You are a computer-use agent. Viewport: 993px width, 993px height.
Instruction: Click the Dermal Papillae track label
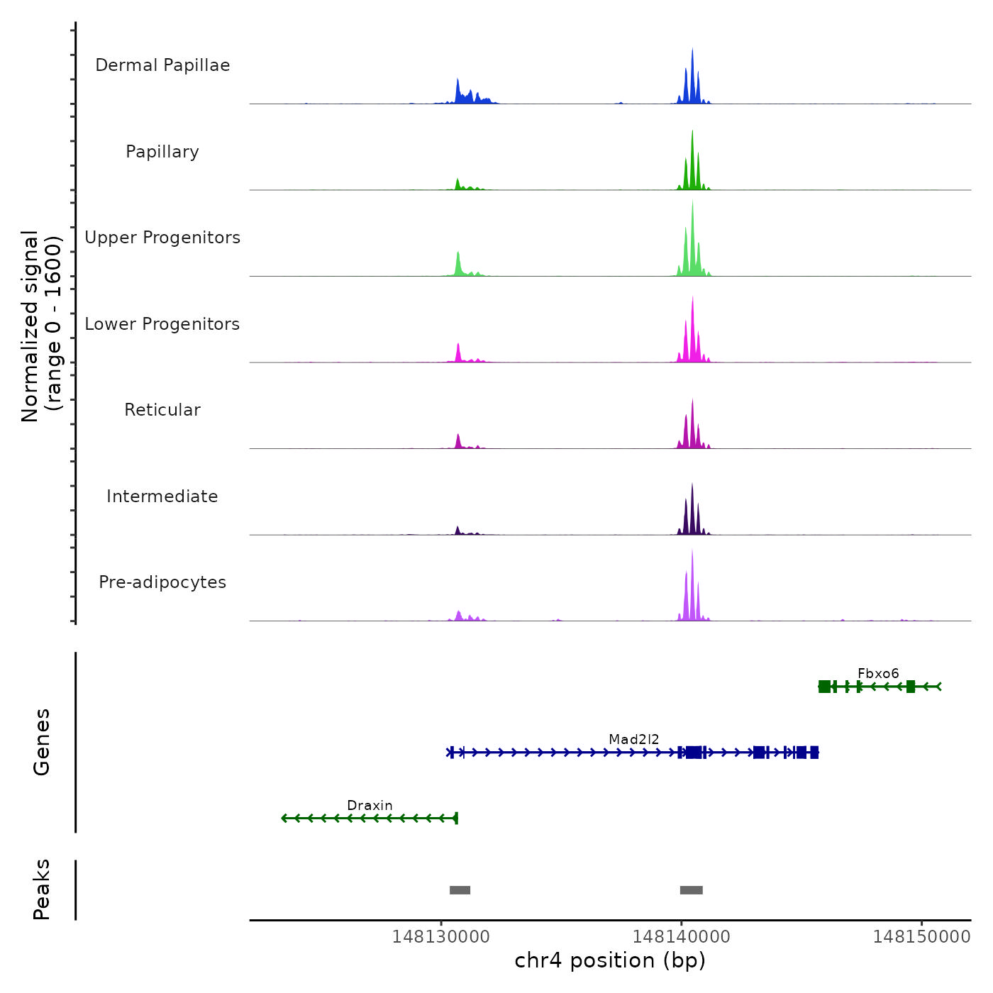coord(162,65)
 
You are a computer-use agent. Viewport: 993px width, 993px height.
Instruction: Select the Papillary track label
coord(162,152)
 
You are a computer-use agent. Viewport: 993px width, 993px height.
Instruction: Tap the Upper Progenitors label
coord(162,238)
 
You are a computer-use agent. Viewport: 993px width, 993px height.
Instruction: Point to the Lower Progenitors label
coord(162,324)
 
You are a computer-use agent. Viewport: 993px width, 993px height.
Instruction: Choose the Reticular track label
coord(162,410)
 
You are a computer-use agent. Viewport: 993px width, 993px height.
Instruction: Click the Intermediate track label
coord(162,496)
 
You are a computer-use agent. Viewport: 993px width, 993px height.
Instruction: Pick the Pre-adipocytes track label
coord(162,582)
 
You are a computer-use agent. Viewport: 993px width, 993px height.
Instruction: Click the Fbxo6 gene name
coord(878,673)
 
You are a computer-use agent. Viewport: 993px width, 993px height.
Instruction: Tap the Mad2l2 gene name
coord(634,739)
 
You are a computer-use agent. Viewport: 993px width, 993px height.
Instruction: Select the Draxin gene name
coord(370,805)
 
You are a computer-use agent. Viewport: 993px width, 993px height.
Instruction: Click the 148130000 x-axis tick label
coord(441,937)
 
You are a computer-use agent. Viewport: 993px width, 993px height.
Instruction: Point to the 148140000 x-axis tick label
coord(682,937)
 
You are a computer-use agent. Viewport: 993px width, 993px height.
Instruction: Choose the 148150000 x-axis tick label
coord(921,937)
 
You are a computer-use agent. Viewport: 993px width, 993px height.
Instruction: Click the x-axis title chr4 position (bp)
coord(610,960)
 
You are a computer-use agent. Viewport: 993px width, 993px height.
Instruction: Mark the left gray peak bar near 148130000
coord(460,890)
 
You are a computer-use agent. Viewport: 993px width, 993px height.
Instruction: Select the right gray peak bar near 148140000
coord(692,890)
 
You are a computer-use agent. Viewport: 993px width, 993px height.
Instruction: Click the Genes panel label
coord(42,742)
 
